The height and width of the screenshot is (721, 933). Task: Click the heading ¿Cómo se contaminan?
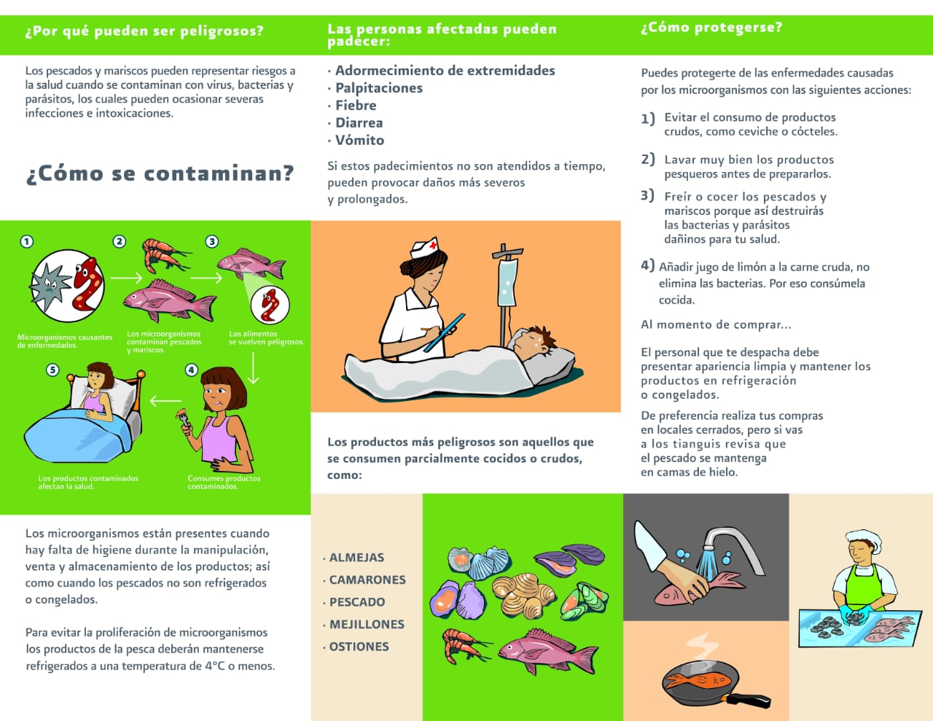coord(160,174)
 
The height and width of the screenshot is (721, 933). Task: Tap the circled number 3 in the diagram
coord(211,241)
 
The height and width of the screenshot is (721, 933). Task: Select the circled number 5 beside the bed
coord(52,370)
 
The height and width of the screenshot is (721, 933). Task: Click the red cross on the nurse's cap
coord(433,245)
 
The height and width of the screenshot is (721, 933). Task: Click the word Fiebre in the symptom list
coord(356,105)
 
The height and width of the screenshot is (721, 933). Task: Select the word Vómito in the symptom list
coord(360,140)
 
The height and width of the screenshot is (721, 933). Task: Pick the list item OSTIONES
coord(359,647)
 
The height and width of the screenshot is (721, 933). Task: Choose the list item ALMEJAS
coord(356,558)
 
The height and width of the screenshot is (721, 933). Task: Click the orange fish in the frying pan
coord(698,681)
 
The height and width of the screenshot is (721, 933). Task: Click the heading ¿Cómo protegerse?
coord(711,28)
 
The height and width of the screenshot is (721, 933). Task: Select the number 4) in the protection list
coord(647,265)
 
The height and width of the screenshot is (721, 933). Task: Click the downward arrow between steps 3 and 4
coord(254,367)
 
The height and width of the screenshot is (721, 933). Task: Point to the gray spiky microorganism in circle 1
coord(51,285)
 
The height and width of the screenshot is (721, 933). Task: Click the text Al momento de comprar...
coord(716,324)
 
